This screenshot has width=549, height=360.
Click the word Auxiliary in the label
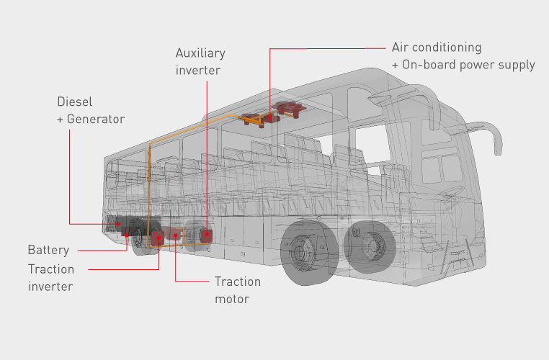(x=200, y=53)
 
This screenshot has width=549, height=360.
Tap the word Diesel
(x=74, y=102)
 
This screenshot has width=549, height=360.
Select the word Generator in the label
(x=97, y=119)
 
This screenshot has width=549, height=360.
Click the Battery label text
(x=49, y=251)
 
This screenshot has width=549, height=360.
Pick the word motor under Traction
(x=232, y=298)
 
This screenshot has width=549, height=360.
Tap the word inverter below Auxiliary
(x=198, y=71)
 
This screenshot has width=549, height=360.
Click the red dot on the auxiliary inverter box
(x=207, y=233)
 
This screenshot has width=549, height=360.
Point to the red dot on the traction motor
(x=176, y=235)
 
